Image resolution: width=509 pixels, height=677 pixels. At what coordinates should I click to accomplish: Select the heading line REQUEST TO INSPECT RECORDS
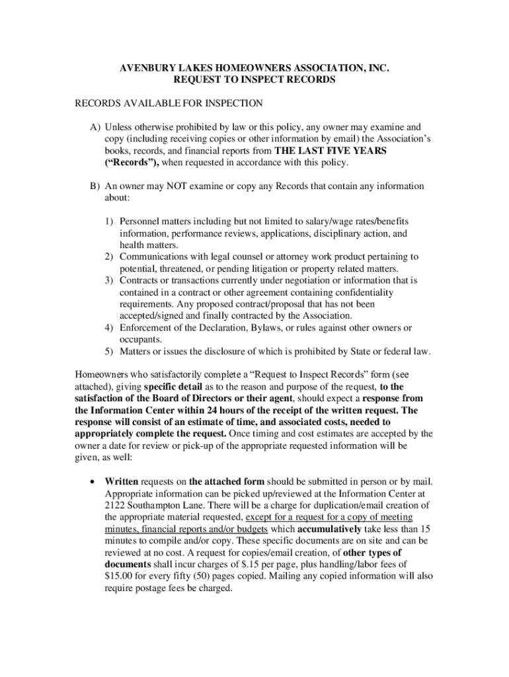tap(255, 79)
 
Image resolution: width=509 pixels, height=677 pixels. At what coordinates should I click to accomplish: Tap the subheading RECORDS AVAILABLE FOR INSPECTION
tap(169, 103)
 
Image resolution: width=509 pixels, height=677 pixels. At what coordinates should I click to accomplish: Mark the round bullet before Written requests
tap(92, 481)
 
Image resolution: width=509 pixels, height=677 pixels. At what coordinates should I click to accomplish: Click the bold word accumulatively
tap(329, 529)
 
